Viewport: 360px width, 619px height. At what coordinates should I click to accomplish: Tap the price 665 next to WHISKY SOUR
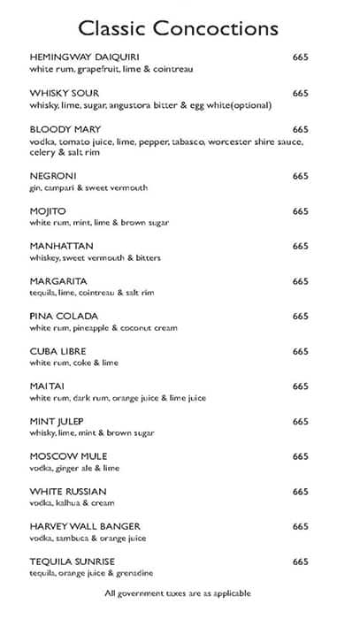point(301,93)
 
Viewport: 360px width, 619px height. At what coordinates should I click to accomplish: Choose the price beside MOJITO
point(301,211)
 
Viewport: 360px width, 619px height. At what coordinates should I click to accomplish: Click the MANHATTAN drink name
point(62,246)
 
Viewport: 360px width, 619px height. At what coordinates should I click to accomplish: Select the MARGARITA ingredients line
point(97,293)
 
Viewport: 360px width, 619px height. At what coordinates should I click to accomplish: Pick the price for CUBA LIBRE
point(301,351)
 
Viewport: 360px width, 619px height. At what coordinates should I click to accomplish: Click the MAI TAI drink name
point(51,386)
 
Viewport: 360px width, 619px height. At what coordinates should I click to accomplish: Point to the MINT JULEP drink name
point(60,421)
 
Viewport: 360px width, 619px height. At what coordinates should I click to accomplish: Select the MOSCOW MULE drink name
point(67,456)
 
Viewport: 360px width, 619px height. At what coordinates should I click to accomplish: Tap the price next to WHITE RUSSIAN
point(301,492)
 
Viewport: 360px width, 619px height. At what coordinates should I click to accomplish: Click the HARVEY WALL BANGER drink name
point(85,526)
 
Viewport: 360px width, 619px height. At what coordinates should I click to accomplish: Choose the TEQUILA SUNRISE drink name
point(73,562)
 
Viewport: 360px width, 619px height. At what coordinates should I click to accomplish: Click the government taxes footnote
point(178,593)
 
